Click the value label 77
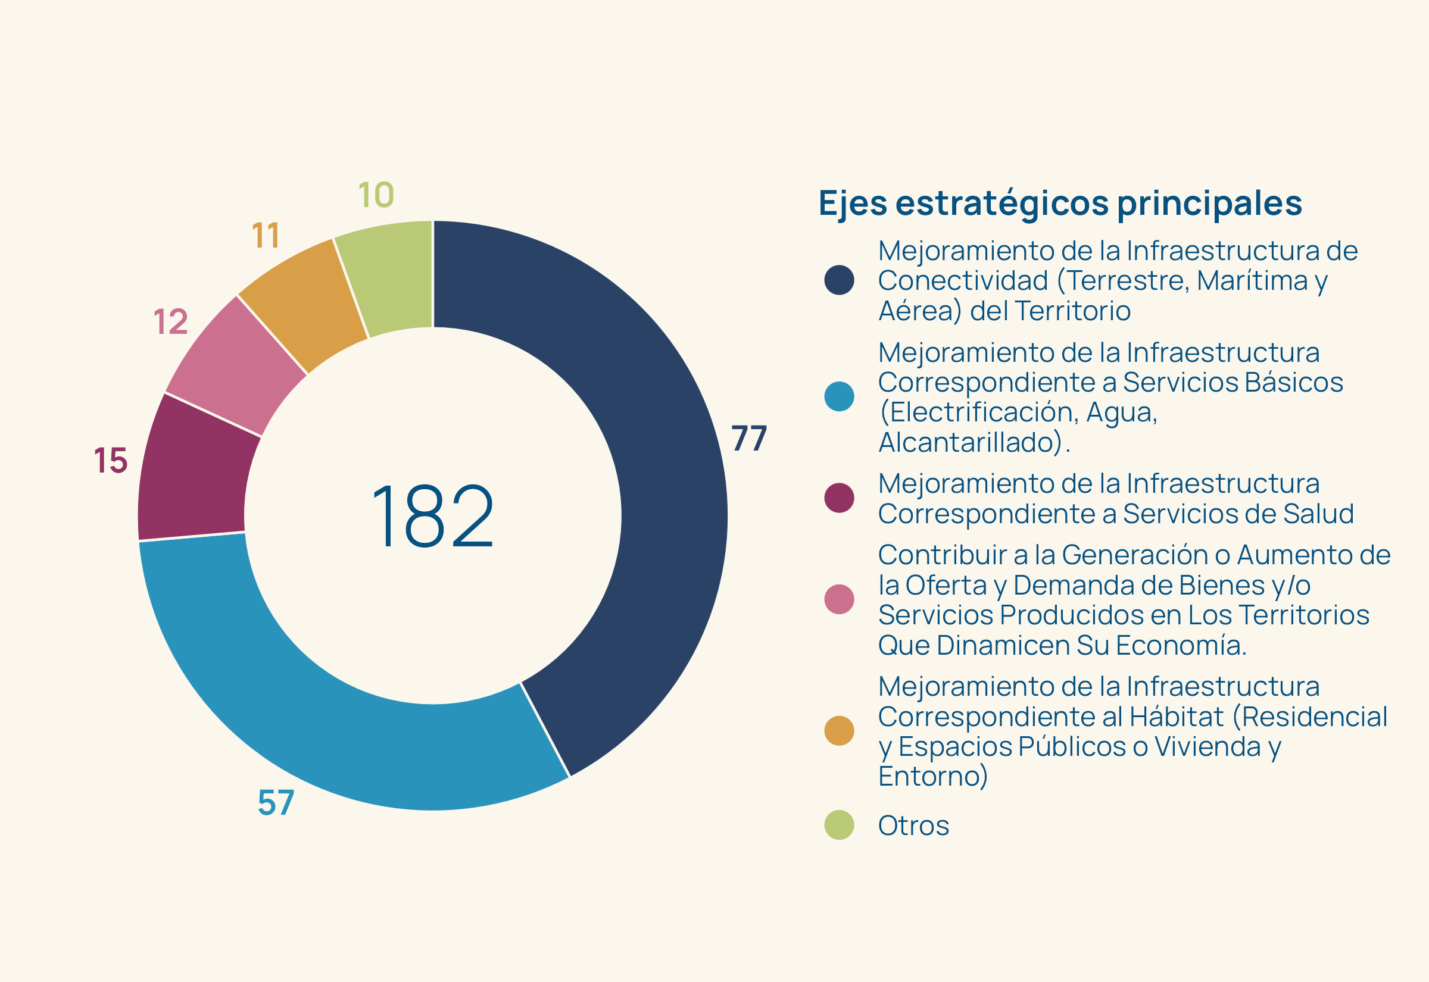pos(748,439)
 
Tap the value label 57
pos(276,803)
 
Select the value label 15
pos(111,460)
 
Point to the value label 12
pos(170,322)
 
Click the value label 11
pos(266,236)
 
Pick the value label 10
pos(376,195)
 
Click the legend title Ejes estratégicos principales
pos(1060,203)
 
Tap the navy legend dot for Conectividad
pos(839,280)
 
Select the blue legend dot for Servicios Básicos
pos(839,396)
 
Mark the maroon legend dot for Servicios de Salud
pos(839,498)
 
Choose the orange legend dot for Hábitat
pos(839,730)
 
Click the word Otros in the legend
pos(913,825)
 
